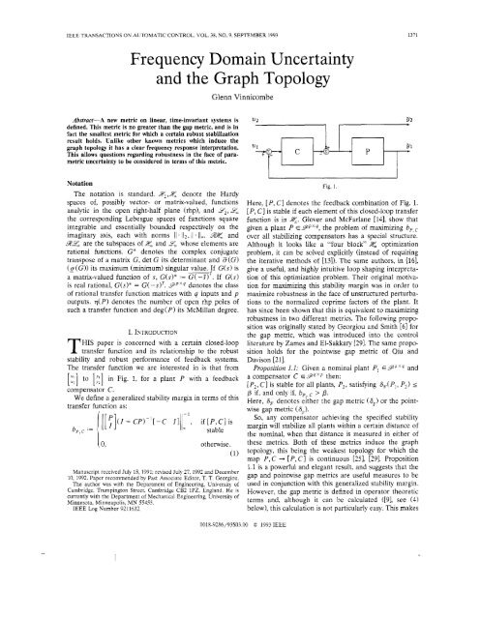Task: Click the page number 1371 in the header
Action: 456,8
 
